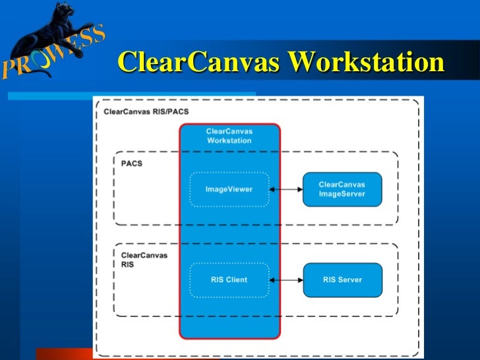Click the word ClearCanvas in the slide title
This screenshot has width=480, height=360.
coord(199,63)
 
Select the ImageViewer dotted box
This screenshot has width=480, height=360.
coord(229,189)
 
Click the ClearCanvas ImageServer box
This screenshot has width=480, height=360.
coord(342,189)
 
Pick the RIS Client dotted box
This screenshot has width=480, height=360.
coord(229,280)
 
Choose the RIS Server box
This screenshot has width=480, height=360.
coord(342,280)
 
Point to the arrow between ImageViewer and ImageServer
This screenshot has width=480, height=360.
coord(285,189)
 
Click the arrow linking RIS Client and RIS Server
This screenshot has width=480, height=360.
coord(285,280)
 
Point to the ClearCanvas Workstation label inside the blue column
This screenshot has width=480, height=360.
coord(229,136)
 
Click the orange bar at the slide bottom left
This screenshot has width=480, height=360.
coord(63,353)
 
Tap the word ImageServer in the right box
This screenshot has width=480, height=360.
coord(342,194)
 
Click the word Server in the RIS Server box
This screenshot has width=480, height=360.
coord(351,280)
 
